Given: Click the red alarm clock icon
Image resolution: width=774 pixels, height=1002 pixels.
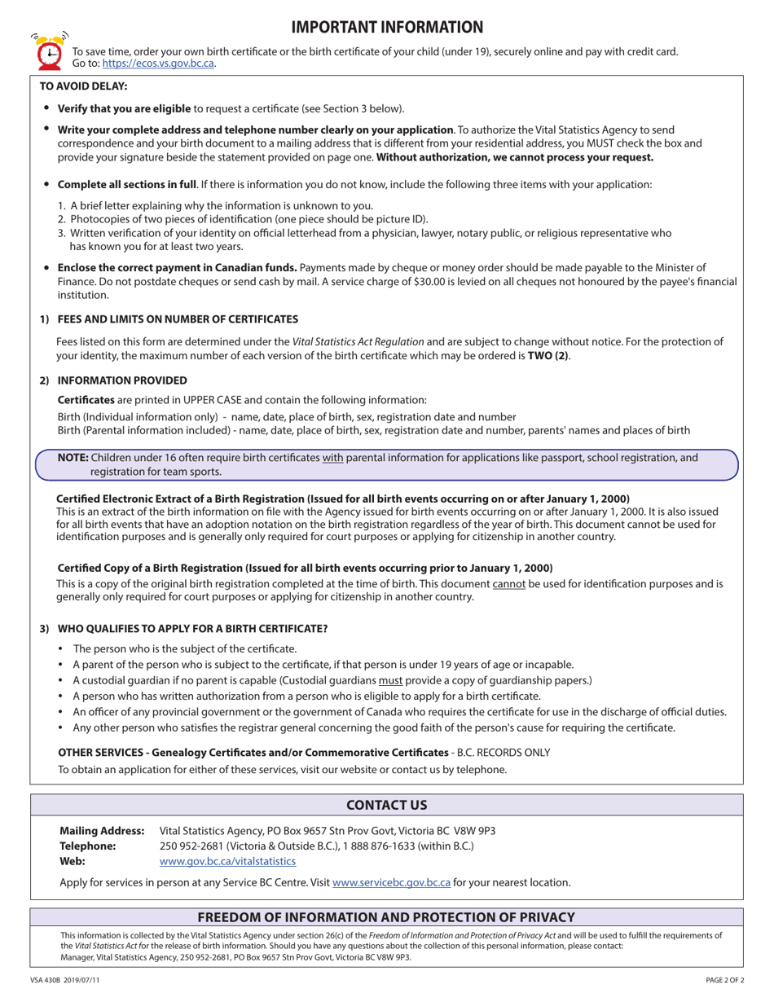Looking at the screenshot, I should coord(48,52).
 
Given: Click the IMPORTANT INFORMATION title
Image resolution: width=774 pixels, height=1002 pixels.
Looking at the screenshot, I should coord(387,28).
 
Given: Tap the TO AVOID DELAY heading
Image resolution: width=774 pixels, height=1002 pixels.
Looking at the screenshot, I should coord(83,86).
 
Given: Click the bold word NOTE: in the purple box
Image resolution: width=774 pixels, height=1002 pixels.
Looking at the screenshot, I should coord(73,458).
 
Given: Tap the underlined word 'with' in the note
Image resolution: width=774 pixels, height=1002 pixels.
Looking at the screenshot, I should coord(332,458).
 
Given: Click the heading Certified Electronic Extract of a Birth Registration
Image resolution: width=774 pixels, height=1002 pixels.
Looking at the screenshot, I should coord(342,499).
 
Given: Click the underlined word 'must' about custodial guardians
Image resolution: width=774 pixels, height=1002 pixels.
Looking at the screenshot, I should coord(390,680).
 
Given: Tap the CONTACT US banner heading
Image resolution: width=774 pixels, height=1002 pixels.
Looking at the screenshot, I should coord(387,805).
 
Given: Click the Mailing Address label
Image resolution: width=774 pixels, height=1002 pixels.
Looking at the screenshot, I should coord(102,831).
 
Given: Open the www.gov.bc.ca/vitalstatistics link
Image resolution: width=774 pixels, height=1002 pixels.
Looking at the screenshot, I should coord(227,861).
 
